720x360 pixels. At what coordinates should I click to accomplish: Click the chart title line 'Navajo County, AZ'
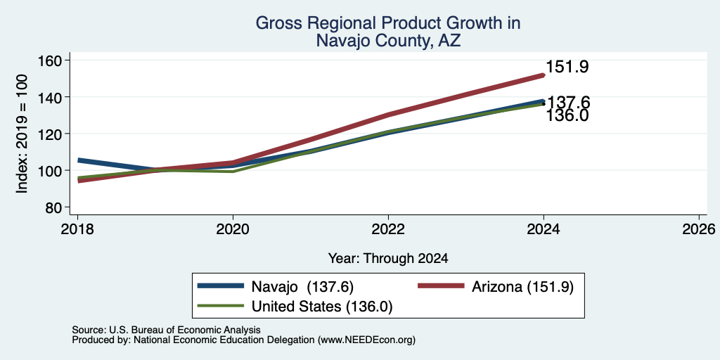pyautogui.click(x=388, y=41)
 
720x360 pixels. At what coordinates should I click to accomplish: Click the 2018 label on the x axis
pyautogui.click(x=77, y=229)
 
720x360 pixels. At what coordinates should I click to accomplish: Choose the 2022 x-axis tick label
pyautogui.click(x=388, y=229)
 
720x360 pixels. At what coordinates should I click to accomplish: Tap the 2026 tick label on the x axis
pyautogui.click(x=699, y=229)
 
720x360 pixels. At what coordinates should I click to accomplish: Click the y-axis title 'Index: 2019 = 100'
pyautogui.click(x=22, y=134)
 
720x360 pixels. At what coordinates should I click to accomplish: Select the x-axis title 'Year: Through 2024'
pyautogui.click(x=388, y=259)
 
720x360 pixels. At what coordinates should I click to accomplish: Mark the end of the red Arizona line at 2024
pyautogui.click(x=544, y=75)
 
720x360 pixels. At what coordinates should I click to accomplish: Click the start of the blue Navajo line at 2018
pyautogui.click(x=78, y=160)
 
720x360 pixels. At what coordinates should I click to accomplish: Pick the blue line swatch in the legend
pyautogui.click(x=220, y=286)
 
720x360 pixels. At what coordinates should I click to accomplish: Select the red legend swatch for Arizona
pyautogui.click(x=441, y=286)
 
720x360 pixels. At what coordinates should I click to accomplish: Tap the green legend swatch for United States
pyautogui.click(x=220, y=305)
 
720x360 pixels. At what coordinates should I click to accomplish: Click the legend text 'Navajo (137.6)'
pyautogui.click(x=302, y=287)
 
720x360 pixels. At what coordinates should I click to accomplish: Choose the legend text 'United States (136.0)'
pyautogui.click(x=322, y=307)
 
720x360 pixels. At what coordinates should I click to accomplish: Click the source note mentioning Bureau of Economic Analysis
pyautogui.click(x=166, y=330)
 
